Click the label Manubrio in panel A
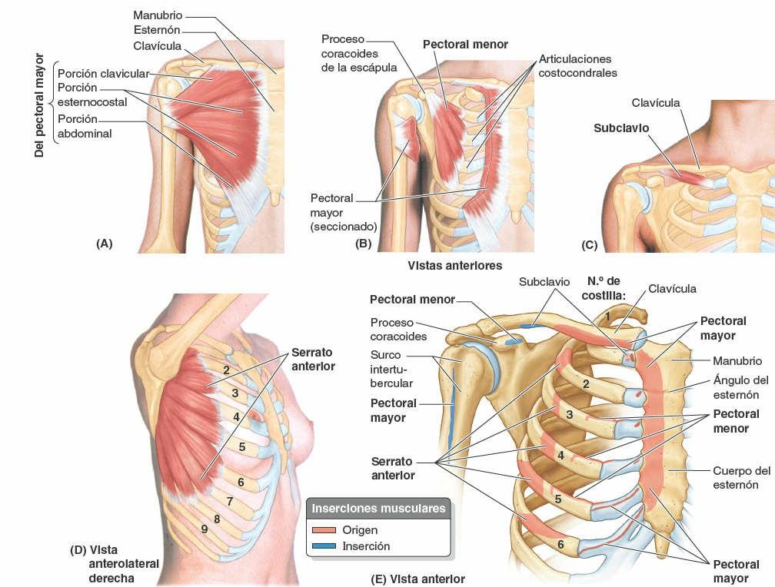pyautogui.click(x=158, y=15)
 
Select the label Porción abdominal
pyautogui.click(x=85, y=127)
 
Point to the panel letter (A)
pyautogui.click(x=104, y=244)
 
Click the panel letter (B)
pyautogui.click(x=363, y=244)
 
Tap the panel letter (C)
pyautogui.click(x=590, y=245)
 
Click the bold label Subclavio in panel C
pyautogui.click(x=621, y=128)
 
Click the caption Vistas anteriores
pyautogui.click(x=455, y=265)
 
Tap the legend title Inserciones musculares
pyautogui.click(x=378, y=509)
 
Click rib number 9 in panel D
pyautogui.click(x=204, y=529)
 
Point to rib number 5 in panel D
pyautogui.click(x=241, y=446)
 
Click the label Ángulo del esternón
pyautogui.click(x=741, y=387)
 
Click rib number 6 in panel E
pyautogui.click(x=560, y=545)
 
